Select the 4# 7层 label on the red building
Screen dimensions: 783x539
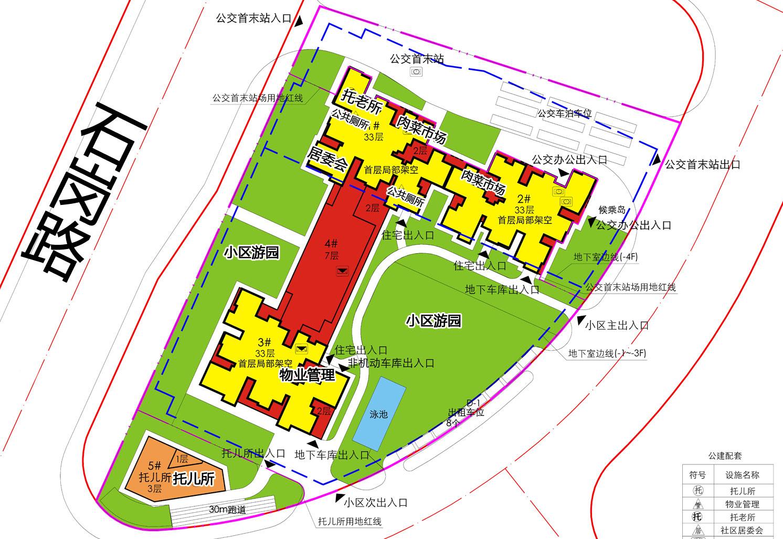331,249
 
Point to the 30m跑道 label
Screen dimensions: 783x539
227,509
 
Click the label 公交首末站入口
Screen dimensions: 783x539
253,18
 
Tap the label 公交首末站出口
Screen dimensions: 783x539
702,164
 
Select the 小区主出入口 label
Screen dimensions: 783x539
617,325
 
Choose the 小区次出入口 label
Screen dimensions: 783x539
376,503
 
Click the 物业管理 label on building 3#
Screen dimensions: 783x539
307,375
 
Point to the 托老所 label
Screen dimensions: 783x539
362,101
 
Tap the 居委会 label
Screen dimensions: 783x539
327,159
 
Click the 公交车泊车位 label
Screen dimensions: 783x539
564,113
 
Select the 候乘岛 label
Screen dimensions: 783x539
612,210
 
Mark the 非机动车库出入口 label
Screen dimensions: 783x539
391,363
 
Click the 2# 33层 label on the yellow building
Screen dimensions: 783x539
524,204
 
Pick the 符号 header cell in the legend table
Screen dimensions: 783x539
697,475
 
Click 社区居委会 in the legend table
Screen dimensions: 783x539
742,530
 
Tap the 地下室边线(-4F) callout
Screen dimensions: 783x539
605,257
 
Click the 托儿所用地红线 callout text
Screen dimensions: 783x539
350,522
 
